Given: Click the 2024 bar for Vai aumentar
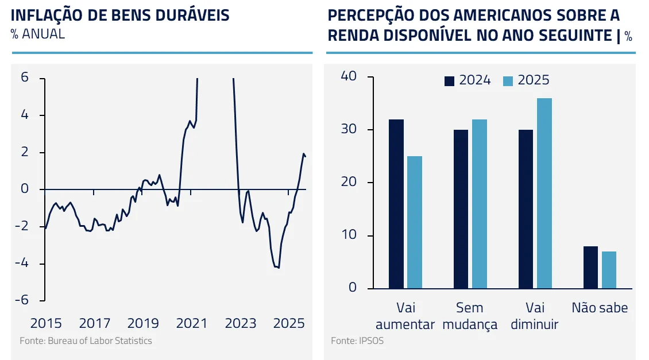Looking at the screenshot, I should [x=396, y=204].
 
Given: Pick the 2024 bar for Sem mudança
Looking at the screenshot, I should [x=461, y=209].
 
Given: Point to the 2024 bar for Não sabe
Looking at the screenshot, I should [x=590, y=267].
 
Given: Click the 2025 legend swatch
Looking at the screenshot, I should [x=508, y=81].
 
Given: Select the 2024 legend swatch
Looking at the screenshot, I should [x=449, y=81].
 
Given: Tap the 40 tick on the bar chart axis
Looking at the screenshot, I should [x=349, y=76].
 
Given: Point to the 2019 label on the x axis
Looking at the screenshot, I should [x=143, y=323].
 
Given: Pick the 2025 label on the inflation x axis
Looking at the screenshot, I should [x=289, y=323].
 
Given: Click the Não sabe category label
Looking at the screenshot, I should [x=600, y=308].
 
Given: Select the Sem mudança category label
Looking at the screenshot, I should [x=470, y=316].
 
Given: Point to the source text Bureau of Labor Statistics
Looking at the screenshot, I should [x=100, y=341].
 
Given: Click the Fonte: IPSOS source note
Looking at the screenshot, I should [x=357, y=341].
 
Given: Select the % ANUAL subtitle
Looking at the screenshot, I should [x=38, y=34].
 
